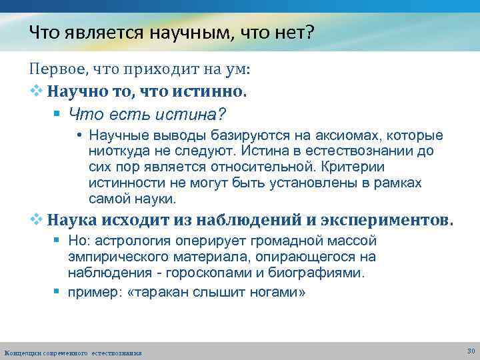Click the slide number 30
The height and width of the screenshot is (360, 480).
tap(471, 351)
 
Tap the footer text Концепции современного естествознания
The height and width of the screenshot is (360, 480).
tap(73, 353)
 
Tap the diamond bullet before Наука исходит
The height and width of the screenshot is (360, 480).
tap(35, 221)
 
